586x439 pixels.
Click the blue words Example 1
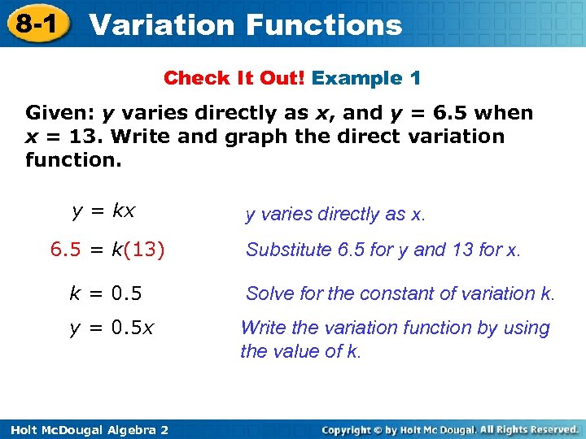tap(366, 79)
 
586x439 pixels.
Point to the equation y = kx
tap(103, 211)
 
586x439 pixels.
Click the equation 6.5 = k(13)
tap(107, 250)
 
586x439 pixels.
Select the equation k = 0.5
tap(105, 293)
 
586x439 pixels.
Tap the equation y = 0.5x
tap(112, 328)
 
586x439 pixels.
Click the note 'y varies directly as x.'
tap(335, 215)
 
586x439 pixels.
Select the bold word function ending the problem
tap(73, 160)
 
